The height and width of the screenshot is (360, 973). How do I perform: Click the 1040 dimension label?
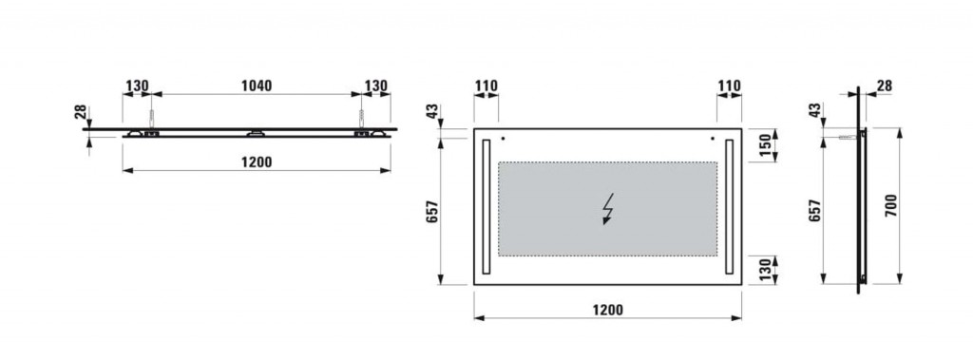tap(257, 85)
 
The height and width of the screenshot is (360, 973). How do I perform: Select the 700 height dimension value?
tap(890, 205)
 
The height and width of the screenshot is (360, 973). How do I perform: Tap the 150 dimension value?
tap(765, 145)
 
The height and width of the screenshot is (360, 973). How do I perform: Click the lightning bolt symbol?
tap(609, 209)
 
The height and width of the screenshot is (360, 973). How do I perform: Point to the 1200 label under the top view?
tap(257, 162)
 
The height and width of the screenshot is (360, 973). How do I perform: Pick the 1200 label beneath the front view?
tap(607, 309)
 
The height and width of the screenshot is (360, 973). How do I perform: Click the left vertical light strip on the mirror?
tap(486, 206)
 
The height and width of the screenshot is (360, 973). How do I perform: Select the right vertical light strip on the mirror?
tap(729, 206)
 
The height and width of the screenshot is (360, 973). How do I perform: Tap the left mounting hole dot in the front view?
tap(504, 139)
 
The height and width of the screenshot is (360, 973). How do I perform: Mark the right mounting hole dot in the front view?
tap(713, 139)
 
